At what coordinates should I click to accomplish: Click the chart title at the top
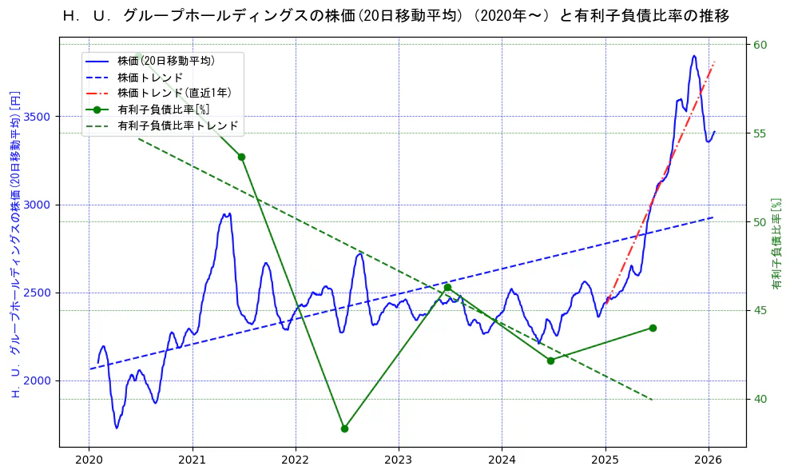coord(395,16)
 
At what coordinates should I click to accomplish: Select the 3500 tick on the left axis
coord(38,117)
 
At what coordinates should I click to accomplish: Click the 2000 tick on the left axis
coord(38,380)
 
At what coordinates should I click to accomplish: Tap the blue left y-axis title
coord(14,244)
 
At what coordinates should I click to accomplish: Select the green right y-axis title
coord(776,244)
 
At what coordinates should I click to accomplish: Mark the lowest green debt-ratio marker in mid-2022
coord(344,428)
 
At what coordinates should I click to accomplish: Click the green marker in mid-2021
coord(241,157)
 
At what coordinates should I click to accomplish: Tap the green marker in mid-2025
coord(653,328)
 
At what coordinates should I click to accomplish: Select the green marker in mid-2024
coord(550,360)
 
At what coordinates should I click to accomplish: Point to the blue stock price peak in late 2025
coord(693,56)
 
